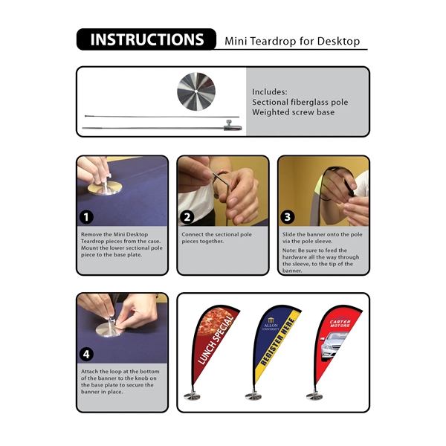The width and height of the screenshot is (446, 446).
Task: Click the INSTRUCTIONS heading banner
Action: pos(146,39)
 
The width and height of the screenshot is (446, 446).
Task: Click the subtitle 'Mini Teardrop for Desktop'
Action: pos(292,42)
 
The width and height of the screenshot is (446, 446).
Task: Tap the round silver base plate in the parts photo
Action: pos(195,91)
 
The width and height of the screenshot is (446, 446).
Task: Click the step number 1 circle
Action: pos(88,218)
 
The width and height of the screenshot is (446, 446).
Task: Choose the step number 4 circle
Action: pos(88,355)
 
